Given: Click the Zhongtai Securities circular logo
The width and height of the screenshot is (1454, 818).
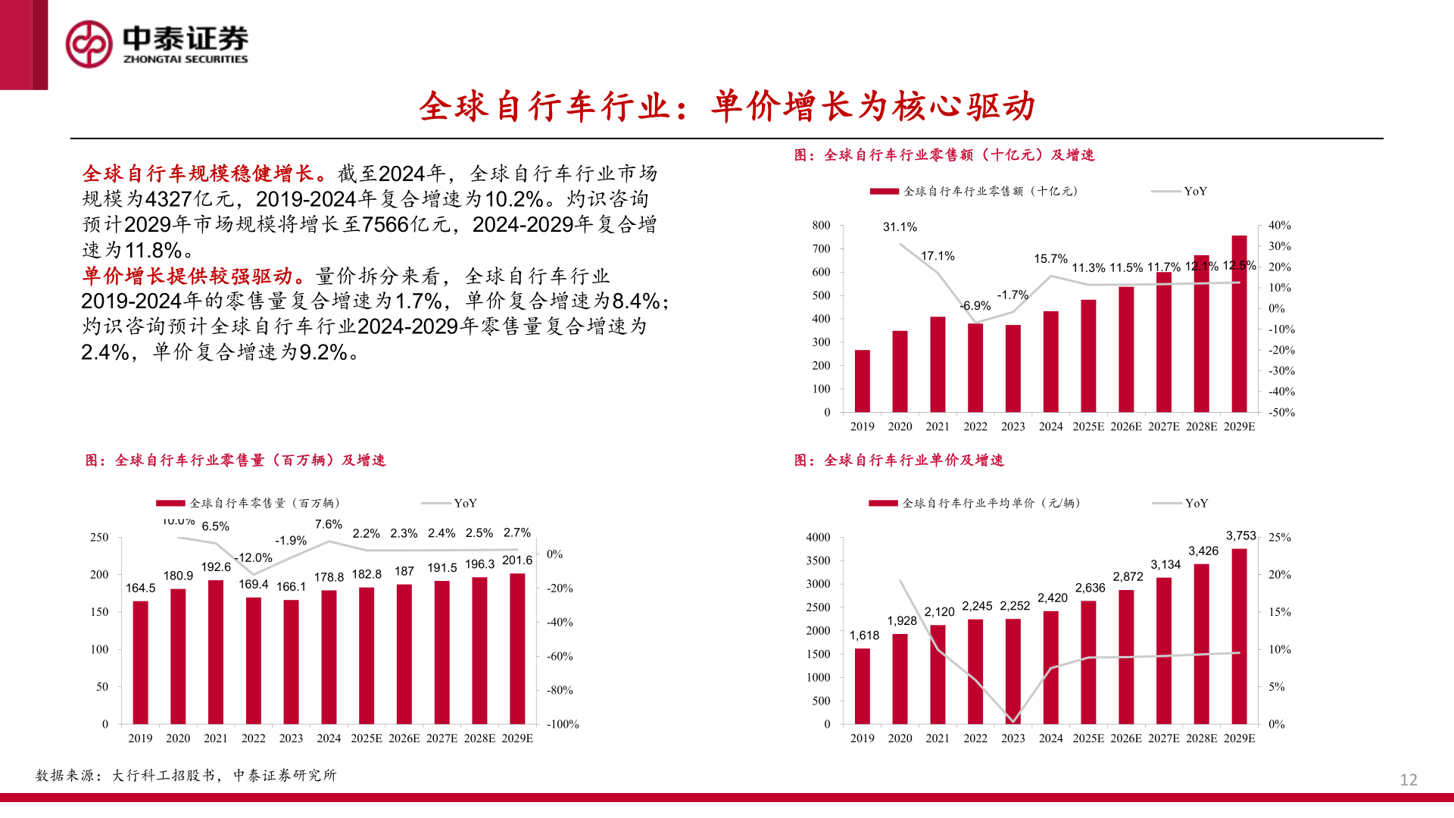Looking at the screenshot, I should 89,44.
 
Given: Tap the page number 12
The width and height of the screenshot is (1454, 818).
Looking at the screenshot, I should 1408,779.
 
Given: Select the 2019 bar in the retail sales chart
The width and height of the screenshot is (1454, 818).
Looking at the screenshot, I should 862,381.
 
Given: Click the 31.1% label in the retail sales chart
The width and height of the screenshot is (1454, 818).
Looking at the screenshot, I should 900,227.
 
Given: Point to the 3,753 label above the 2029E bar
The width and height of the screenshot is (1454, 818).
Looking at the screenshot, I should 1240,535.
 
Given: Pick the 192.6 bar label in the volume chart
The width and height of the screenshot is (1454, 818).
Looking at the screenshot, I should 216,567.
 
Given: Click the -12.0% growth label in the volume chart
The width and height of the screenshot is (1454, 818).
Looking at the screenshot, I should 253,557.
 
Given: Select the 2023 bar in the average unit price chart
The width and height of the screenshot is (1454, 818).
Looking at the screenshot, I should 1012,671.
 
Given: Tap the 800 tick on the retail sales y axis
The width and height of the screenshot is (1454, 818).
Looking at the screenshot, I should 821,226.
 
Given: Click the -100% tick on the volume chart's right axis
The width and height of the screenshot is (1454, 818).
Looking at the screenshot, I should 562,724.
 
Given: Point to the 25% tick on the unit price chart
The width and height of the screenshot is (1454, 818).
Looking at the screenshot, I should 1279,537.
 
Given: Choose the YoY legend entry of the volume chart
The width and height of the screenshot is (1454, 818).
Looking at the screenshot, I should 464,503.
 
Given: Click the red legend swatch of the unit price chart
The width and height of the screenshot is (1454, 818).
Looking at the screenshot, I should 883,503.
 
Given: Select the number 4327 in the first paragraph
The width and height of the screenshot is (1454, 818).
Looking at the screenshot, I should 168,199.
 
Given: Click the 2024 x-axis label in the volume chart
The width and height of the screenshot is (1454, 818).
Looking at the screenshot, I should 329,738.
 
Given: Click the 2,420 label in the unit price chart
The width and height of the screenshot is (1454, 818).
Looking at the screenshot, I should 1052,598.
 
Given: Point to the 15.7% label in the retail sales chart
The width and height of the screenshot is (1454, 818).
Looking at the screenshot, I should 1050,259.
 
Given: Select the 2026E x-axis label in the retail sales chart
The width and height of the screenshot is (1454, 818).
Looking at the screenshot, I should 1125,426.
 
